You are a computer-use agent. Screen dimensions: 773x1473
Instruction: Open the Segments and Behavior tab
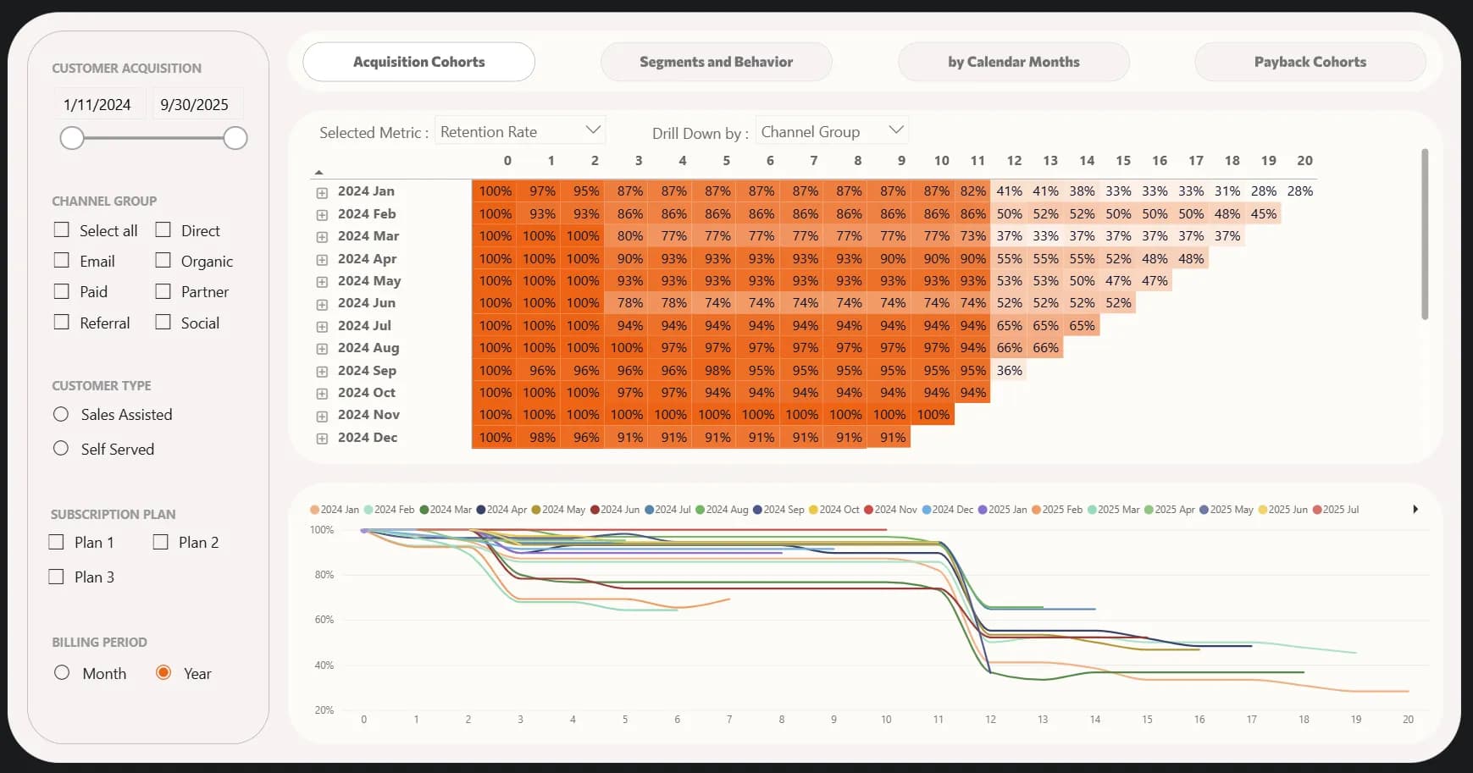[716, 62]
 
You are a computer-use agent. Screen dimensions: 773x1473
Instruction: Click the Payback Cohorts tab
[1310, 62]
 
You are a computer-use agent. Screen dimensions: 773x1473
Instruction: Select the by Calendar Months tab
[1013, 62]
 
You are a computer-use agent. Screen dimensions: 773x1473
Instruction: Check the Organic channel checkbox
[163, 261]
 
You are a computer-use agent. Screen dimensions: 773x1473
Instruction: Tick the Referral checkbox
[62, 323]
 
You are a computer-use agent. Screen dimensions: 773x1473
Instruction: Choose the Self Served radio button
[61, 449]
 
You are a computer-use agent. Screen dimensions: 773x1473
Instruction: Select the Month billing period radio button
[62, 673]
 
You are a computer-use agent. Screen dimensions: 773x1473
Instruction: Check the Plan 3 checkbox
[57, 577]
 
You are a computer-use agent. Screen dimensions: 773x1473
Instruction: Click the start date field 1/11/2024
[97, 105]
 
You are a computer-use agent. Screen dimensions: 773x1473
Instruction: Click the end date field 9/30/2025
[195, 105]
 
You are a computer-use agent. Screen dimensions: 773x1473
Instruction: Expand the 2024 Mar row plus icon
[322, 237]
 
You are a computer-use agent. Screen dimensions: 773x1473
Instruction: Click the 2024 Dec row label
[368, 438]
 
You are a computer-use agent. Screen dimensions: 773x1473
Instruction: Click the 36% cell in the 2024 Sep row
[1009, 371]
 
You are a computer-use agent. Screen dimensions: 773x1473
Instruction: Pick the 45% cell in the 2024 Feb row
[1263, 214]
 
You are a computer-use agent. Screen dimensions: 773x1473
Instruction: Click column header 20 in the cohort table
[1304, 161]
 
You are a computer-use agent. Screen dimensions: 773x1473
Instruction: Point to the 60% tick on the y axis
[324, 620]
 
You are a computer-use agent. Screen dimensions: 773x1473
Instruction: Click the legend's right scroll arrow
[1415, 510]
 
